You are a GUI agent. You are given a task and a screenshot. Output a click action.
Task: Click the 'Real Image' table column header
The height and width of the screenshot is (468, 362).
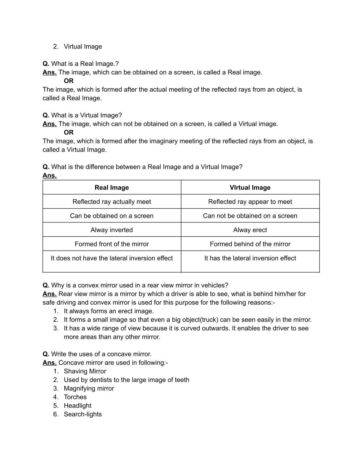click(111, 188)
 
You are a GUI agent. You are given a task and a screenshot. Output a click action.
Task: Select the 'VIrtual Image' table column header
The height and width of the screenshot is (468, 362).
click(250, 188)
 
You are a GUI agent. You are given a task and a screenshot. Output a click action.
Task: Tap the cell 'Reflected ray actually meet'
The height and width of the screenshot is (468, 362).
click(111, 202)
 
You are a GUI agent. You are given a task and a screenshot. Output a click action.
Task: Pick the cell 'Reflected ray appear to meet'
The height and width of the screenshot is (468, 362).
click(250, 202)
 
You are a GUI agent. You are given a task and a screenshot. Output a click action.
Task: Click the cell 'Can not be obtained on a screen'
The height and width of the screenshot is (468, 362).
click(250, 216)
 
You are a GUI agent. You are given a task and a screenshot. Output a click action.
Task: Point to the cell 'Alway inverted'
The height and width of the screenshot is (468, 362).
click(111, 230)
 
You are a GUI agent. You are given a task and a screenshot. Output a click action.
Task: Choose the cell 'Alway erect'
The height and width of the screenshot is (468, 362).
click(250, 230)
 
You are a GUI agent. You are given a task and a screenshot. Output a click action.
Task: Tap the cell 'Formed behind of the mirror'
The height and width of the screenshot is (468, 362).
click(250, 244)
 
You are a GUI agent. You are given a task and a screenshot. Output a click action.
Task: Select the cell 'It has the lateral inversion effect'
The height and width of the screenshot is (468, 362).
click(250, 258)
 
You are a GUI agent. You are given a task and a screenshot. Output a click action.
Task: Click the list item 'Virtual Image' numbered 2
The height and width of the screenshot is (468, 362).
click(83, 47)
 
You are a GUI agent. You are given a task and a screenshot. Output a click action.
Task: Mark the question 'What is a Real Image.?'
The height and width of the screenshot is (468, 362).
click(85, 64)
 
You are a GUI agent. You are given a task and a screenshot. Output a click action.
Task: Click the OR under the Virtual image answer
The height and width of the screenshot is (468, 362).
click(69, 132)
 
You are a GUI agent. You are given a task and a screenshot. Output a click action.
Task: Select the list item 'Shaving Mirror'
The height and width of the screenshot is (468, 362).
click(85, 371)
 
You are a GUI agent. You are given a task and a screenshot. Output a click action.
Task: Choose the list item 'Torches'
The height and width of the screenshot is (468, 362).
click(75, 397)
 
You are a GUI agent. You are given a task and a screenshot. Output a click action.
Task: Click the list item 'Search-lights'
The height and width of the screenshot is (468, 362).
click(83, 414)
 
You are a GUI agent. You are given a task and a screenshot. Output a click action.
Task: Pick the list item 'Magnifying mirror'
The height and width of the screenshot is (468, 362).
click(89, 389)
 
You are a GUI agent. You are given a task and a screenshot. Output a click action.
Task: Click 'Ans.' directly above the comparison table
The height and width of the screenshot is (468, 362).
click(49, 175)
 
